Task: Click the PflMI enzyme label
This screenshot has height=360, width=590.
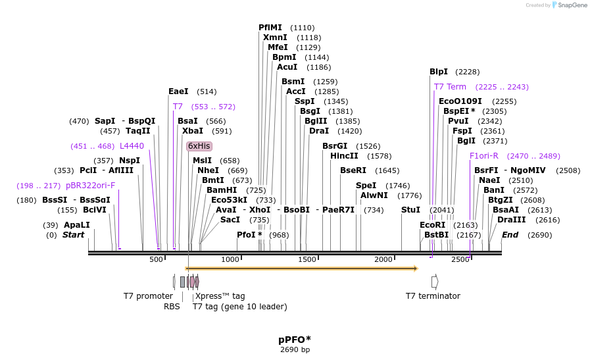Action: [x=270, y=28]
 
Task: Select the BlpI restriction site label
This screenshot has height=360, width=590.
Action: [x=439, y=72]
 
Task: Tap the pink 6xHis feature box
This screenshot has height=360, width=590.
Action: [x=199, y=146]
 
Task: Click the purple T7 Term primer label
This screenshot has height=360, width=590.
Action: [x=450, y=87]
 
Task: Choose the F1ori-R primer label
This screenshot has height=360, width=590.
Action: [x=484, y=156]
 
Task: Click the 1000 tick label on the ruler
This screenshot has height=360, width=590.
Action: [x=230, y=260]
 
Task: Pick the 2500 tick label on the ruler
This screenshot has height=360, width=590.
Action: [x=460, y=260]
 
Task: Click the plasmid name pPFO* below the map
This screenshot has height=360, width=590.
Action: [x=295, y=340]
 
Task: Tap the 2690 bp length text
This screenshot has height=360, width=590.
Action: [x=295, y=349]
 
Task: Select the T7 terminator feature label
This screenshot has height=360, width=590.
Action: [x=433, y=296]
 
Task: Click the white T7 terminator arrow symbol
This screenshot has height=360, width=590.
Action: [x=435, y=282]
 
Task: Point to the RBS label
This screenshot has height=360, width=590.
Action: [x=172, y=306]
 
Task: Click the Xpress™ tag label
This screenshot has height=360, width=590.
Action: [x=220, y=296]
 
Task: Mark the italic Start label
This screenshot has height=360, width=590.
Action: [x=73, y=235]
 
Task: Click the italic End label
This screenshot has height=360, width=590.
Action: [x=510, y=235]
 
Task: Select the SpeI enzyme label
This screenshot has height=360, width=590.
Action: [x=366, y=186]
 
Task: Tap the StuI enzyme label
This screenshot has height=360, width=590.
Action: [x=410, y=210]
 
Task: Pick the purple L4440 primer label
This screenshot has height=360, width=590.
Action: [x=132, y=146]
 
